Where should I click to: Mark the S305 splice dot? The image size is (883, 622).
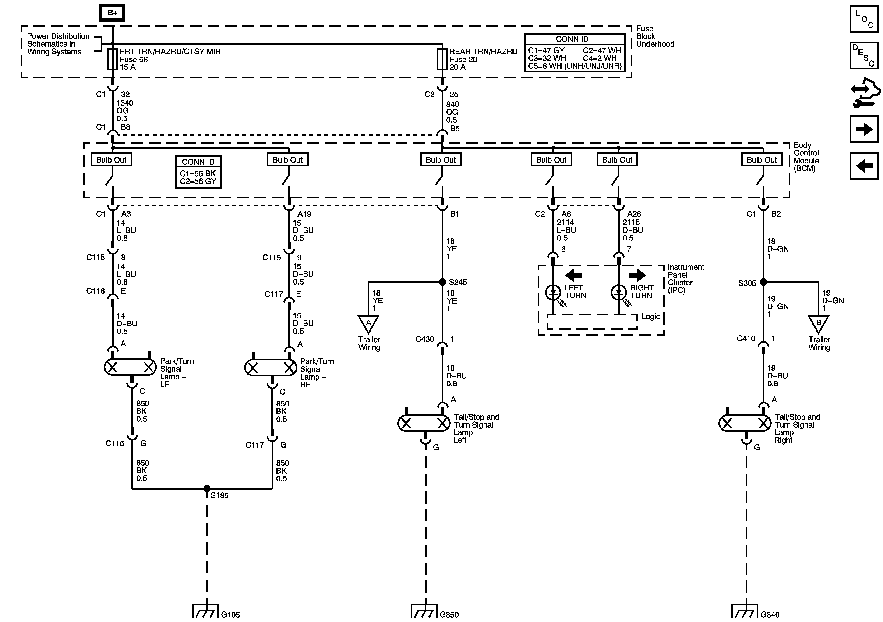[x=763, y=282]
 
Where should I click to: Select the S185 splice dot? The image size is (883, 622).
[x=207, y=488]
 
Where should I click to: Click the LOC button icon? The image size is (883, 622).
[x=864, y=18]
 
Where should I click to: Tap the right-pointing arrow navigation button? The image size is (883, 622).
[x=864, y=129]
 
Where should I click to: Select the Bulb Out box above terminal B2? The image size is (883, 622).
[x=761, y=160]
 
